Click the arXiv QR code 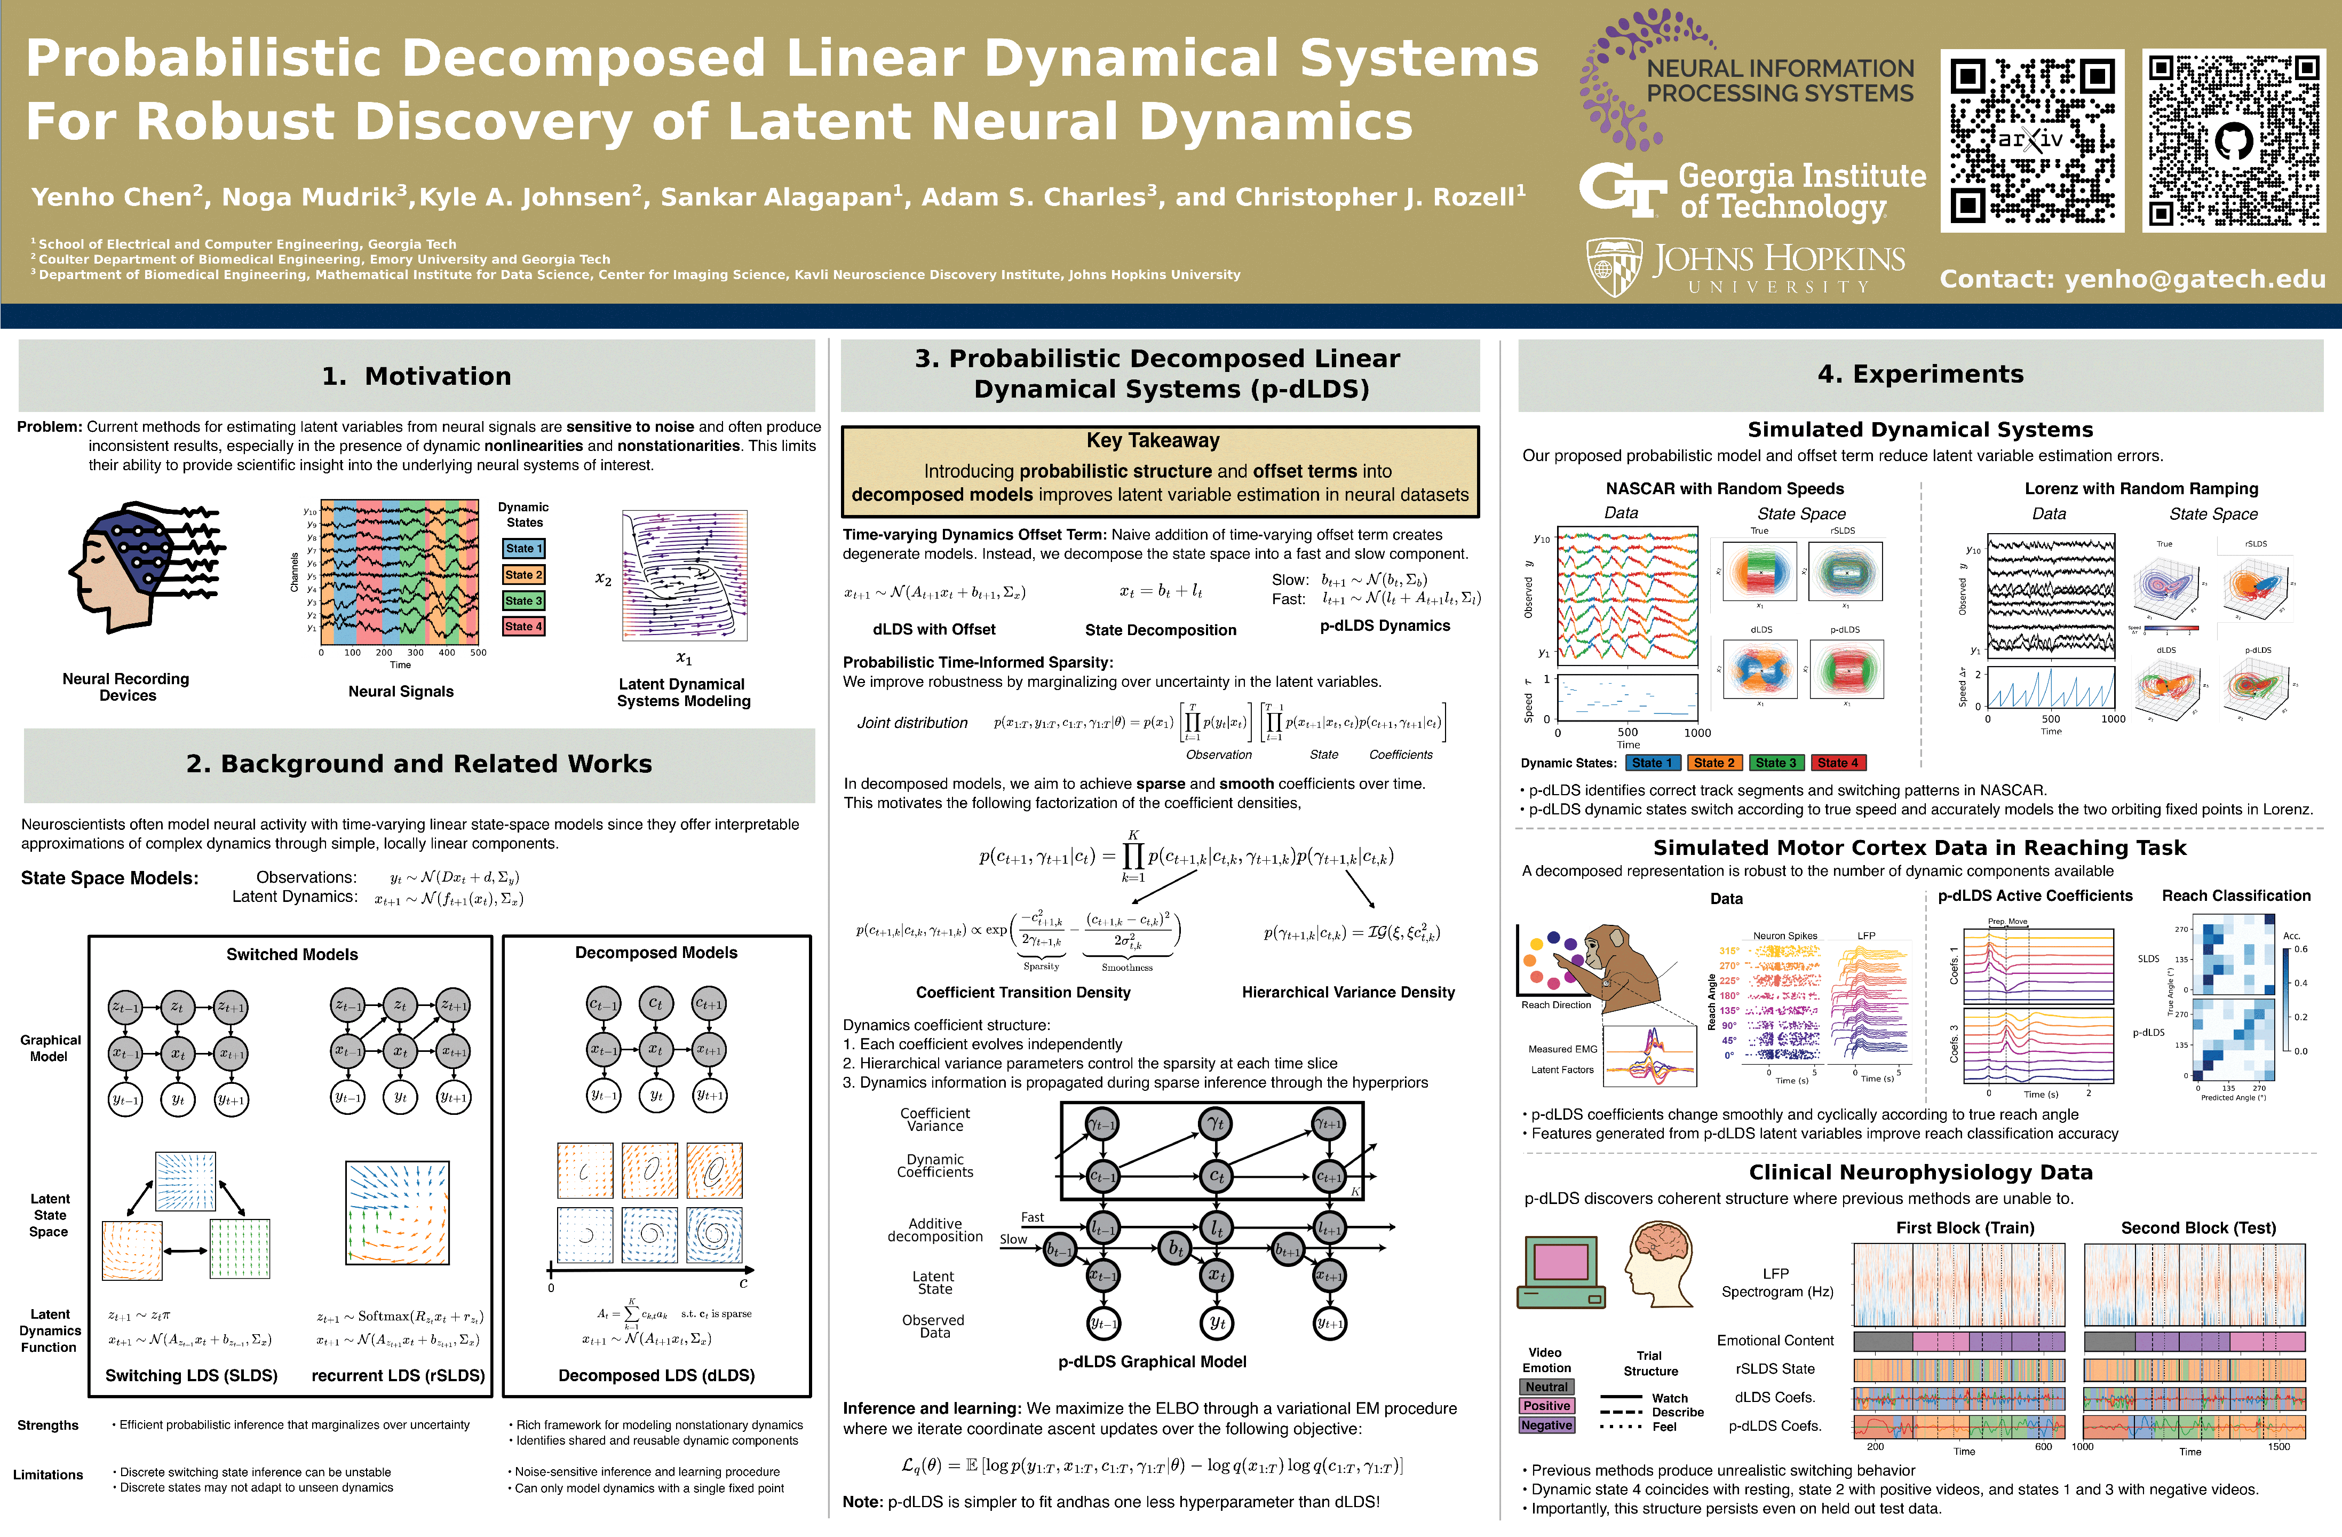[x=2031, y=141]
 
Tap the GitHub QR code [x=2234, y=141]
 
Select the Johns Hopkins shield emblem [x=1614, y=267]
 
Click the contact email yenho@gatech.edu [x=2132, y=280]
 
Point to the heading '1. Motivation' [x=416, y=376]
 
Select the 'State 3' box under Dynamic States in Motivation [x=522, y=600]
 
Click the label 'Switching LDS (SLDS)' [x=191, y=1376]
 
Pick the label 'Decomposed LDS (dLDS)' [x=656, y=1376]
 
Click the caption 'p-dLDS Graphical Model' [x=1152, y=1362]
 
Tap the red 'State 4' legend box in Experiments [x=1837, y=763]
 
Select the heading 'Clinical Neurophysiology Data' [x=1920, y=1172]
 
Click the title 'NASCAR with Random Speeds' [x=1724, y=489]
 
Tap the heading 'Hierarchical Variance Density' [x=1347, y=992]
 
